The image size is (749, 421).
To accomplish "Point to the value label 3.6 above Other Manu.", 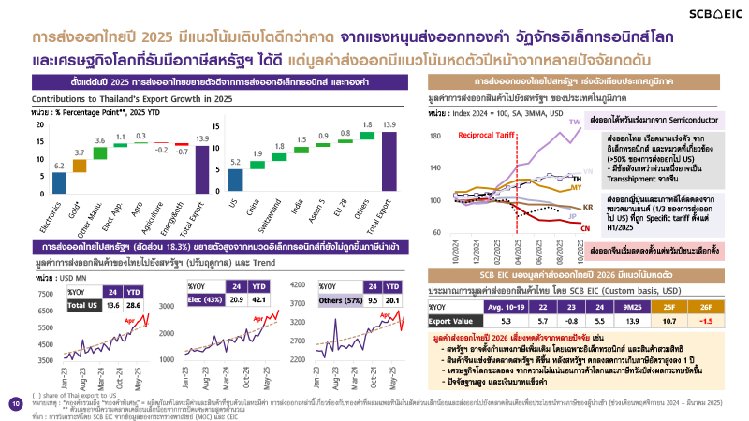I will (99, 140).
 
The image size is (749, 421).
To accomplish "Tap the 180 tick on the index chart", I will (434, 137).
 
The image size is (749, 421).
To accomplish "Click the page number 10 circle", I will (15, 404).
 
